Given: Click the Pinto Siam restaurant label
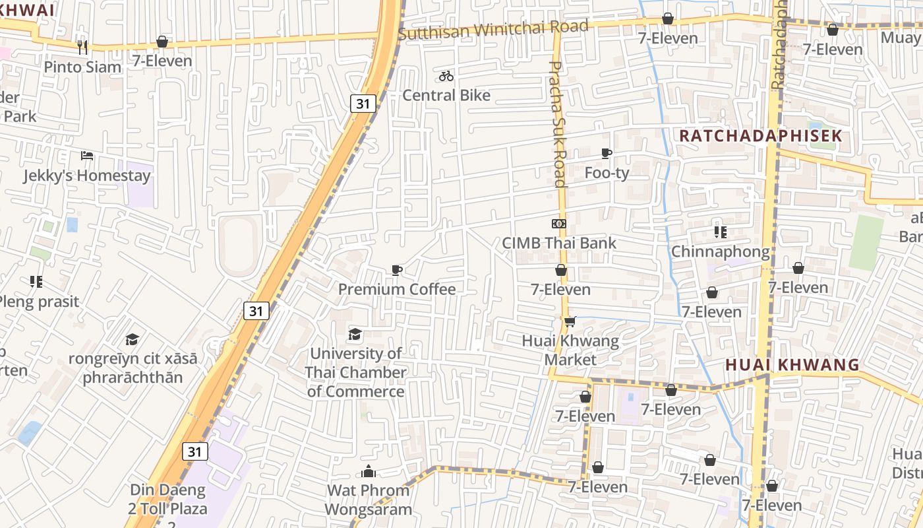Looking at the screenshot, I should pos(83,67).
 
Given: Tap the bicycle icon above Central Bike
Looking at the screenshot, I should pos(446,76).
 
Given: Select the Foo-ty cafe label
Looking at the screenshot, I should pos(607,173).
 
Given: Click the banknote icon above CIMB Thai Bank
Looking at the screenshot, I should pos(559,224).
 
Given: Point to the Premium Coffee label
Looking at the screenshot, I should pos(397,289).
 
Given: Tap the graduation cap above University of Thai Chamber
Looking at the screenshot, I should pos(355,334).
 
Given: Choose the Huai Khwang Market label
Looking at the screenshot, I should pos(570,350).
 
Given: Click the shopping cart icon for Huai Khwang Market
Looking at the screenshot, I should pos(570,321).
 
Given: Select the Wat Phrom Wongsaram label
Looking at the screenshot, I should pos(369,500).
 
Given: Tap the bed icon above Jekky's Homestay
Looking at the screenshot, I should pos(87,156).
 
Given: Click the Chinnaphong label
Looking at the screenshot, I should pos(720,251).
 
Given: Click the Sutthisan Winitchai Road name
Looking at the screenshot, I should pos(493,29).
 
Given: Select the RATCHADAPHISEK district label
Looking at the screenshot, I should pos(761,136).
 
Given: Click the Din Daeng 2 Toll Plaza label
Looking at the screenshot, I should pos(169,500).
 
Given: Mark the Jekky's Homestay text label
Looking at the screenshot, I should pos(87,176).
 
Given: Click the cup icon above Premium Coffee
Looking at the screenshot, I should pos(397,270).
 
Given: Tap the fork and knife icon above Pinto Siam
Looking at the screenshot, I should pos(82,47).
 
